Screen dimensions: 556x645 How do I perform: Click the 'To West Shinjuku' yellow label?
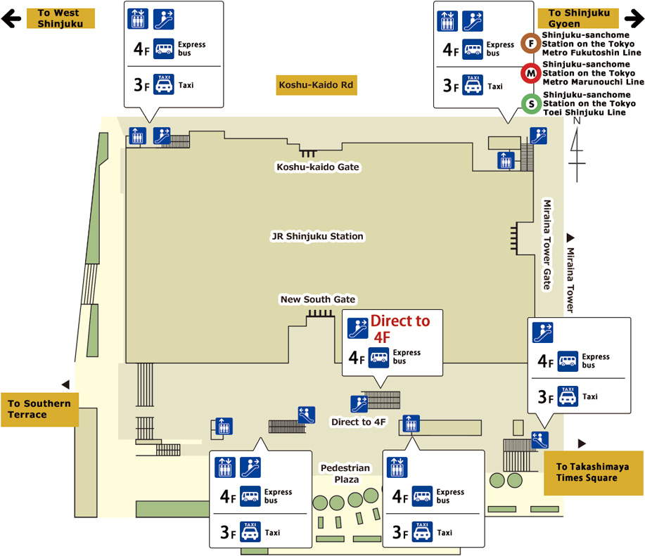pyautogui.click(x=60, y=18)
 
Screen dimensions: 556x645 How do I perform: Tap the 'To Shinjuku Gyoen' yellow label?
pyautogui.click(x=577, y=18)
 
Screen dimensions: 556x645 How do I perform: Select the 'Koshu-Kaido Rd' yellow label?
pyautogui.click(x=317, y=85)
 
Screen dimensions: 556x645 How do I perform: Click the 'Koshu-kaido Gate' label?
pyautogui.click(x=318, y=167)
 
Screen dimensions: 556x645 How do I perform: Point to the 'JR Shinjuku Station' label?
pyautogui.click(x=317, y=236)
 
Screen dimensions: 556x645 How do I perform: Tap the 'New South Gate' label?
pyautogui.click(x=318, y=299)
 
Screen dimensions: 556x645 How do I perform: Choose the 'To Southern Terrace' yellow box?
pyautogui.click(x=39, y=409)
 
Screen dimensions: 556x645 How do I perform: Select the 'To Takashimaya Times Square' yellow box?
pyautogui.click(x=592, y=472)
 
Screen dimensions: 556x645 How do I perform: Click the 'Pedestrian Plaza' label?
pyautogui.click(x=345, y=474)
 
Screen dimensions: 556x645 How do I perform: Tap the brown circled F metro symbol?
pyautogui.click(x=531, y=43)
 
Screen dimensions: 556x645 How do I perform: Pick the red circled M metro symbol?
pyautogui.click(x=531, y=73)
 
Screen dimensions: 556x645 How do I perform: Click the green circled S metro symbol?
pyautogui.click(x=531, y=103)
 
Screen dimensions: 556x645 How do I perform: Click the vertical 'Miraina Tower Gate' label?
pyautogui.click(x=547, y=245)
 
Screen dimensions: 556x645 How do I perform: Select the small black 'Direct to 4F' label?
pyautogui.click(x=359, y=422)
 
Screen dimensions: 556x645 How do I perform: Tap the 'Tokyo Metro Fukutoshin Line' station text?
pyautogui.click(x=591, y=43)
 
